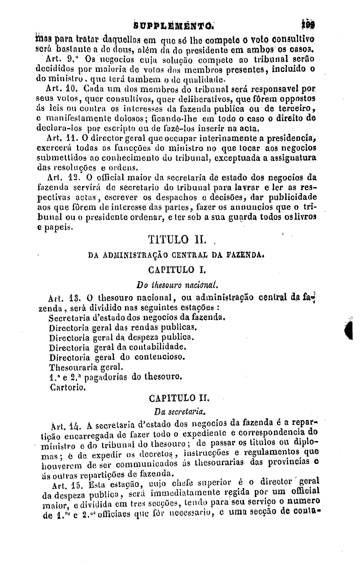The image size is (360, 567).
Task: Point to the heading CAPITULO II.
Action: (176, 399)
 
